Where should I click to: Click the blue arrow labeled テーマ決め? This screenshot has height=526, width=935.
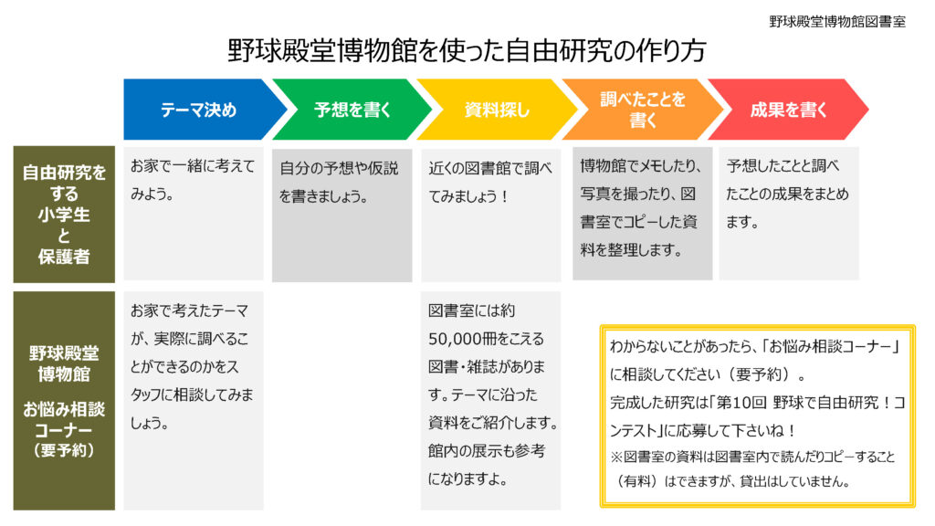[200, 110]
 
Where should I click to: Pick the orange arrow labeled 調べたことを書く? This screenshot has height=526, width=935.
[642, 110]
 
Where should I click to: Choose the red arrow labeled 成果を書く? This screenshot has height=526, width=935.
[788, 110]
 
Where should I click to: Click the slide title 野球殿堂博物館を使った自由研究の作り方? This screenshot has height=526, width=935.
[467, 51]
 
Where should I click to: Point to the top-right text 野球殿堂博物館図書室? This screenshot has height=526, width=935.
[837, 22]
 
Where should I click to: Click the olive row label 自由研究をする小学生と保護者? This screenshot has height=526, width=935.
[64, 214]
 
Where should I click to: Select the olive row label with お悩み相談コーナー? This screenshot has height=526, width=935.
[64, 400]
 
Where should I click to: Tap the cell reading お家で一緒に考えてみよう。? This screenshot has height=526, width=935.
[194, 214]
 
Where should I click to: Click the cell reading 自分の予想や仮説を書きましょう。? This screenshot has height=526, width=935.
[341, 215]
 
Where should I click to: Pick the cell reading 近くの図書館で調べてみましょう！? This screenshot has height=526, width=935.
[490, 215]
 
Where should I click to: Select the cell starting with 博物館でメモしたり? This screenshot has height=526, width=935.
[642, 214]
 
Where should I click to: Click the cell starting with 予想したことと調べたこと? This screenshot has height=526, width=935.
[789, 214]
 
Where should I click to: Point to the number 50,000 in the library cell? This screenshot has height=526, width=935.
[454, 340]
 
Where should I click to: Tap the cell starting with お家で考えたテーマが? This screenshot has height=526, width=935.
[194, 400]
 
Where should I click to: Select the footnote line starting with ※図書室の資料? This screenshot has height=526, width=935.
[752, 468]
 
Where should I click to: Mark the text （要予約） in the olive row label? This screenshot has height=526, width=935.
[64, 450]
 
